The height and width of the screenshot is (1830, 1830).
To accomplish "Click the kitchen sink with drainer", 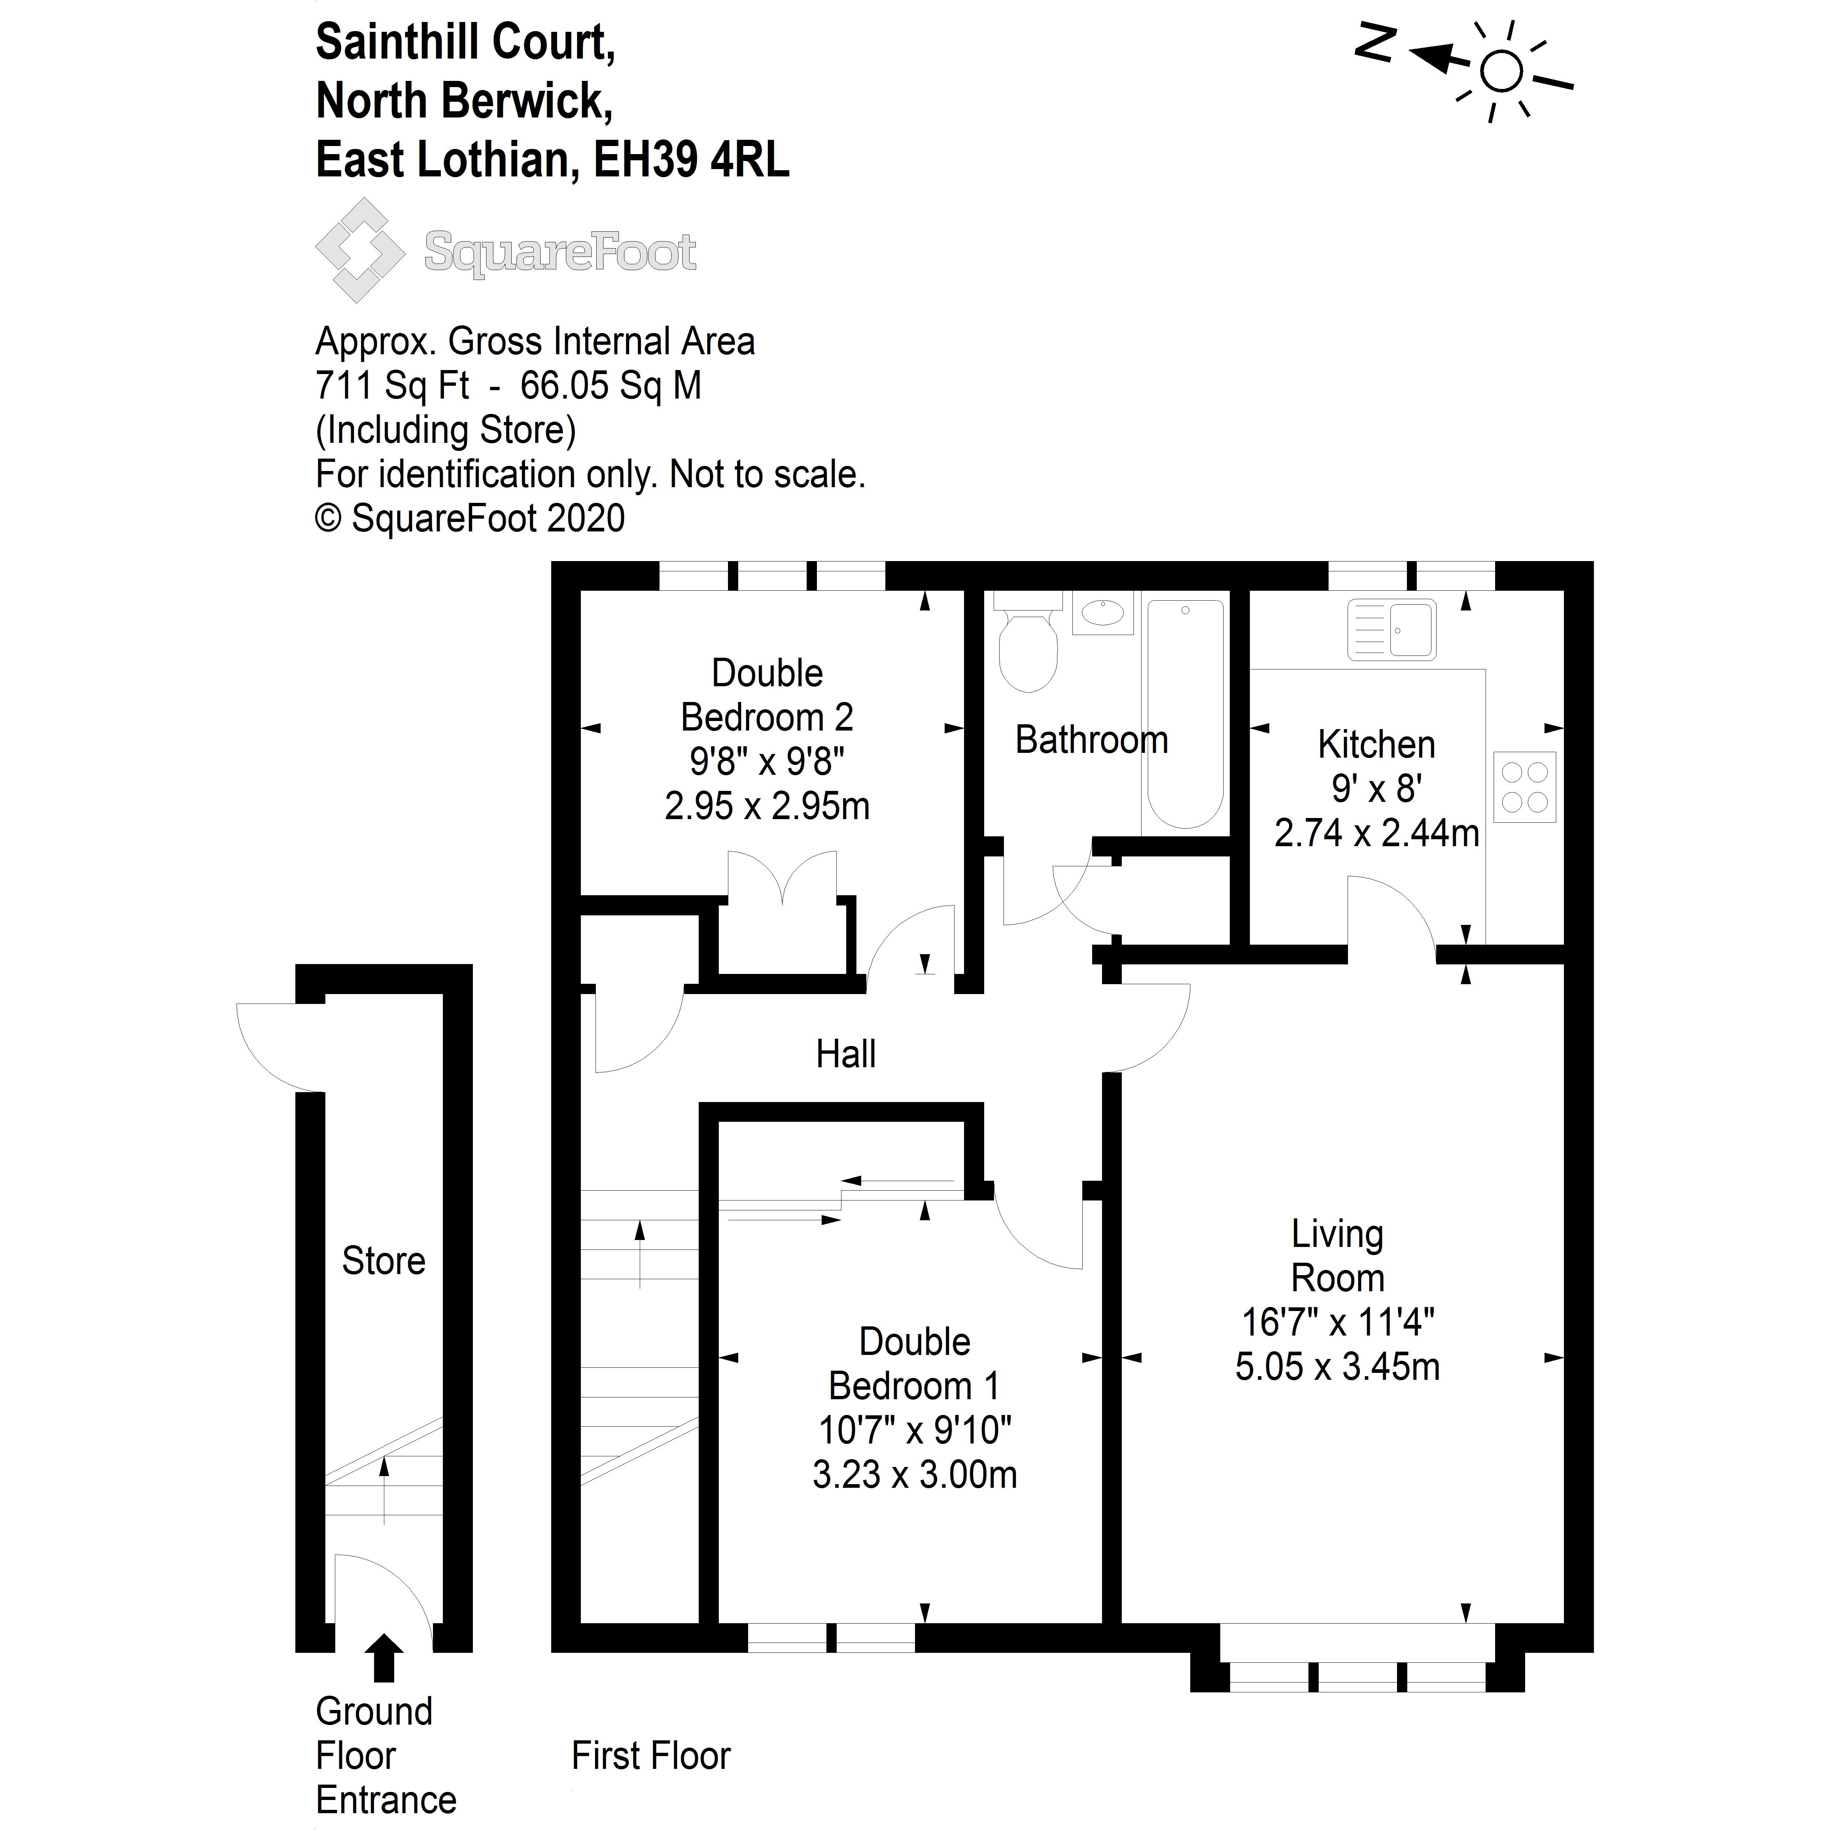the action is (1390, 629).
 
